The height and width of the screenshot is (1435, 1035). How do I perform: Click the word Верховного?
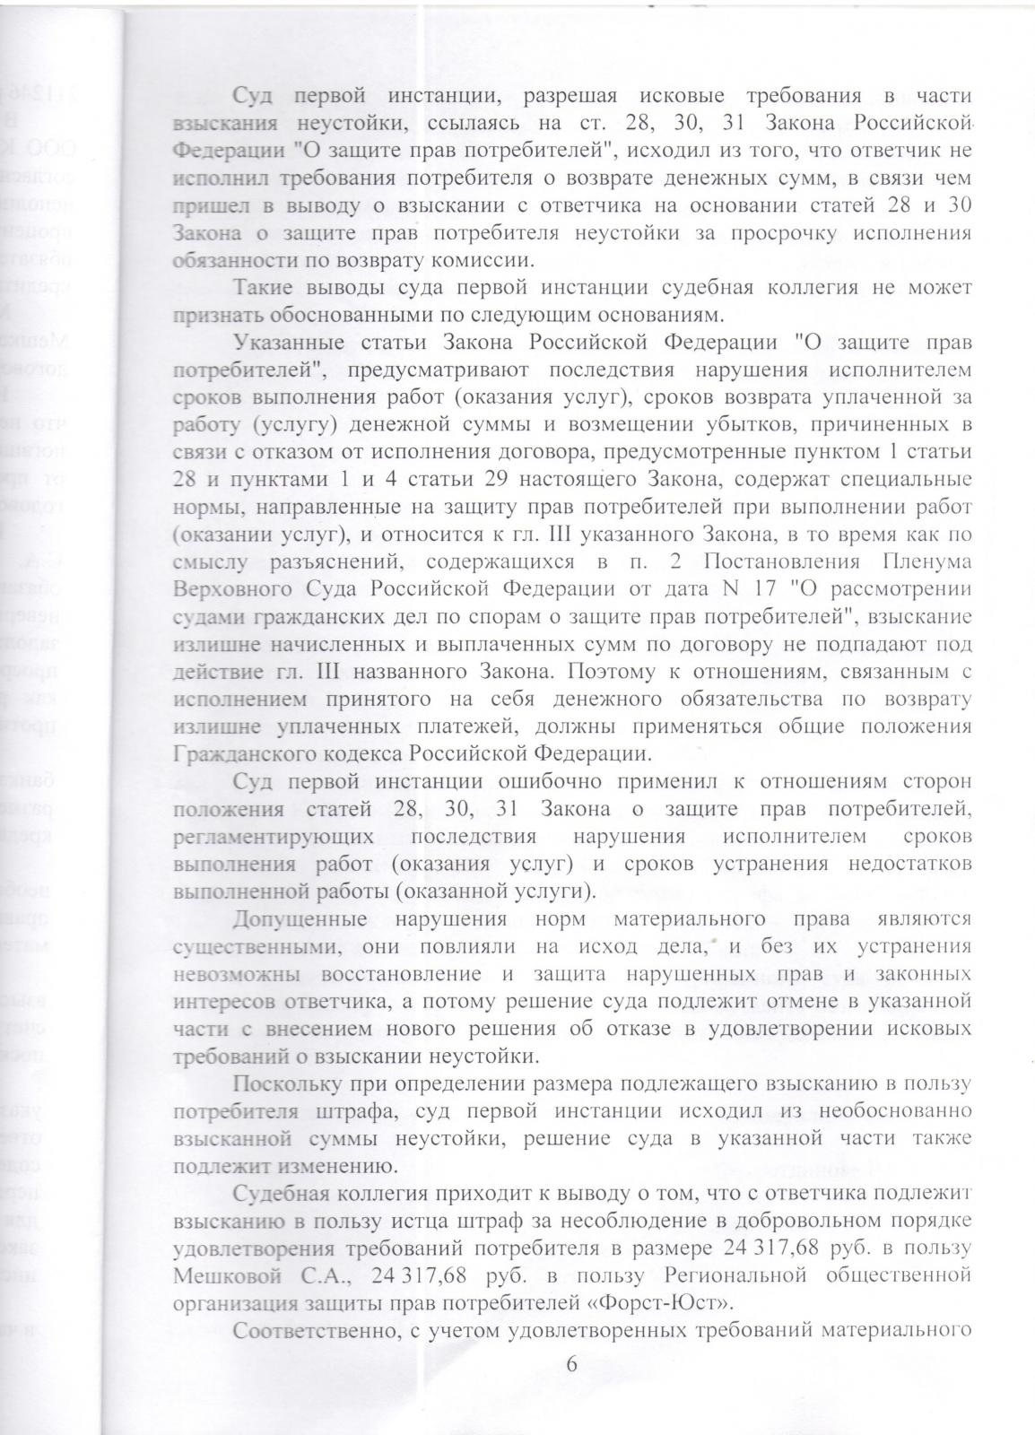click(x=226, y=589)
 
